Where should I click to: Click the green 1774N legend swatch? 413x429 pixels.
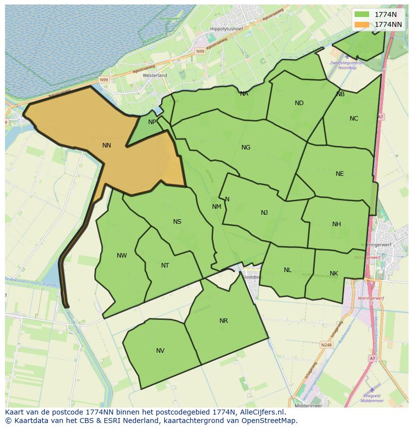pyautogui.click(x=362, y=14)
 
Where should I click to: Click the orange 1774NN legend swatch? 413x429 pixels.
pyautogui.click(x=362, y=24)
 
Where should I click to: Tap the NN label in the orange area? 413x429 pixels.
pyautogui.click(x=107, y=145)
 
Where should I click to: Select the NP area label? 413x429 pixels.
pyautogui.click(x=152, y=122)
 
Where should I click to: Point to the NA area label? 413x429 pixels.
pyautogui.click(x=244, y=94)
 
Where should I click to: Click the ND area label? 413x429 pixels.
pyautogui.click(x=299, y=103)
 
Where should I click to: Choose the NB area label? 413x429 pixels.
pyautogui.click(x=341, y=94)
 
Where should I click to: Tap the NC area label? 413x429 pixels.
pyautogui.click(x=354, y=119)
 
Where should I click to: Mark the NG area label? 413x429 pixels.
pyautogui.click(x=246, y=147)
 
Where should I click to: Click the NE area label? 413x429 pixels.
pyautogui.click(x=340, y=174)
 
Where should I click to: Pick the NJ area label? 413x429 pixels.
pyautogui.click(x=264, y=213)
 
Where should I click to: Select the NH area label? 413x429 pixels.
pyautogui.click(x=337, y=224)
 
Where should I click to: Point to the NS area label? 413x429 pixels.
pyautogui.click(x=177, y=222)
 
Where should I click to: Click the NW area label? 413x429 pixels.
pyautogui.click(x=122, y=256)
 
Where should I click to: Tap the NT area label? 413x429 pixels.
pyautogui.click(x=165, y=266)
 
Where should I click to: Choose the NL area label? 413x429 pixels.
pyautogui.click(x=288, y=270)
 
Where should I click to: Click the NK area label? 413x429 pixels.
pyautogui.click(x=334, y=274)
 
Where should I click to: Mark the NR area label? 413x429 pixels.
pyautogui.click(x=223, y=321)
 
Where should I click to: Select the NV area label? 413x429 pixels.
pyautogui.click(x=160, y=351)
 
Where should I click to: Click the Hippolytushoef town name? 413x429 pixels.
pyautogui.click(x=226, y=29)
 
